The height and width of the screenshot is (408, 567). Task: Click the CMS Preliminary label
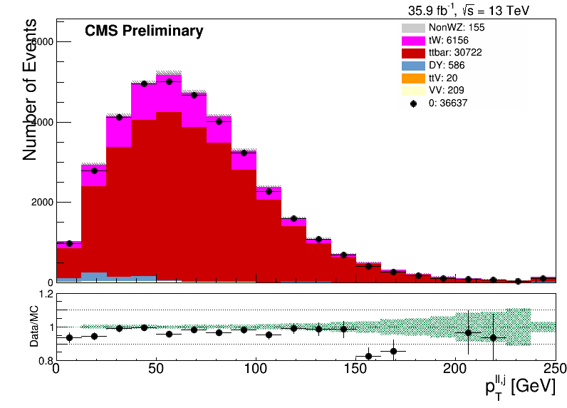tap(144, 31)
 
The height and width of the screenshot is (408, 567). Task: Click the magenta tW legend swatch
tap(413, 40)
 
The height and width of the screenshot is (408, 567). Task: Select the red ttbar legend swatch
tap(413, 53)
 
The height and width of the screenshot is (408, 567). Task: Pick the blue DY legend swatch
tap(413, 66)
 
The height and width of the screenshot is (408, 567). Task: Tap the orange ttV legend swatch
tap(413, 78)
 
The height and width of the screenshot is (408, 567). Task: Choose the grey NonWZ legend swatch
tap(413, 28)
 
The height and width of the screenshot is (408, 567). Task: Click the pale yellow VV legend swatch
tap(413, 91)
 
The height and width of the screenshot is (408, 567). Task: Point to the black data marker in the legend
tap(413, 103)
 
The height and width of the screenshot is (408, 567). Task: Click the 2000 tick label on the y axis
tap(42, 203)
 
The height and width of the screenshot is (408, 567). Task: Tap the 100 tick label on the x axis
tap(256, 369)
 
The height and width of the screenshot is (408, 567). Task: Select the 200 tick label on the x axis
tap(455, 369)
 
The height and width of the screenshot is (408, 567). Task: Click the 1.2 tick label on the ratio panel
tap(45, 294)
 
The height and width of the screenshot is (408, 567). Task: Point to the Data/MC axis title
tap(34, 326)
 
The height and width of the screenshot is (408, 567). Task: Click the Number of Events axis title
tap(30, 89)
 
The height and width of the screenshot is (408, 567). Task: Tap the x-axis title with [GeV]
tap(520, 389)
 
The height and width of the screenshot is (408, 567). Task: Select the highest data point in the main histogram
tap(169, 82)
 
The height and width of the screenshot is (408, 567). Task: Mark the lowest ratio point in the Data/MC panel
tap(368, 356)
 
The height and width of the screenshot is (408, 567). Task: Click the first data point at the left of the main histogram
tap(69, 244)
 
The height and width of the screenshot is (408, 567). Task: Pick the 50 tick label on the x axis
tap(156, 369)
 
